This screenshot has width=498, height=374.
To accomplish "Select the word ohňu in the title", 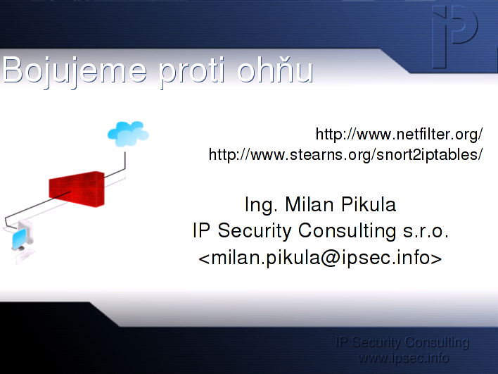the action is tap(275, 69).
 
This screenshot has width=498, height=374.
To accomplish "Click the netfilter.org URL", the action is tap(400, 135).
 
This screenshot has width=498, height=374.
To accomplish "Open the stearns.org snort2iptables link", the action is tap(345, 155).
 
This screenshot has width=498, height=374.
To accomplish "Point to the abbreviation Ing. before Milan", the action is tap(261, 205).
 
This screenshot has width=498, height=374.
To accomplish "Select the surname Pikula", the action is tap(369, 204).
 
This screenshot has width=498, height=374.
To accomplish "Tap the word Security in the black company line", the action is tap(255, 231).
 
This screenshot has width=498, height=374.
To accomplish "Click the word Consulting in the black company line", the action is tap(347, 231).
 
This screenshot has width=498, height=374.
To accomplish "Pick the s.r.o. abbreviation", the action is tap(426, 231).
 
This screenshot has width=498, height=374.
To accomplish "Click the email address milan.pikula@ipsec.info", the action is tap(320, 257).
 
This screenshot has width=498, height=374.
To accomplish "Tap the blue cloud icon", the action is tap(128, 134).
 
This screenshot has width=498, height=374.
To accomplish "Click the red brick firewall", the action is tap(77, 189).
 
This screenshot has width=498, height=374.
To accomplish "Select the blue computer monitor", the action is tap(19, 239).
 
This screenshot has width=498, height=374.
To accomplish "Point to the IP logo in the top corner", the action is tap(455, 36).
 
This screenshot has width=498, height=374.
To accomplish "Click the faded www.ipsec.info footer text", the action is tap(403, 358).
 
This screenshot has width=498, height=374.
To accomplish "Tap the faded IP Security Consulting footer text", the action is tap(402, 342).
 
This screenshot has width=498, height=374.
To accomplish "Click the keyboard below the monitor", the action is tap(25, 256).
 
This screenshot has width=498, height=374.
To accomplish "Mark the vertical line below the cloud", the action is tap(124, 161).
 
